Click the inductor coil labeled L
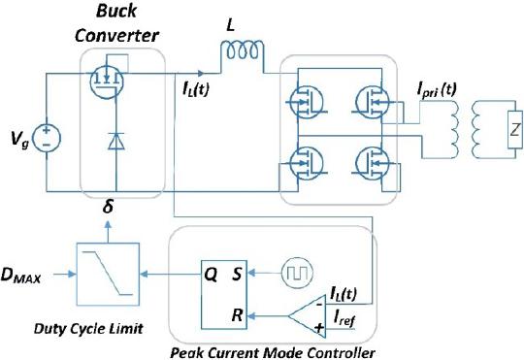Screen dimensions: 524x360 pos(242,51)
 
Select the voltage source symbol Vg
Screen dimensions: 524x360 pos(47,138)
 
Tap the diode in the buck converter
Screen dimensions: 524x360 pos(116,141)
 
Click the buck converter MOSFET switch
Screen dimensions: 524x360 pos(107,82)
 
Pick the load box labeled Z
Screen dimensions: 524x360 pos(514,129)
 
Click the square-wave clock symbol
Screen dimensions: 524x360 pos(297,273)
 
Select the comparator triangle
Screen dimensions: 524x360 pos(307,315)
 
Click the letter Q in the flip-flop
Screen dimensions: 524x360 pos(211,275)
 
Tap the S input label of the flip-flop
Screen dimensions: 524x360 pos(237,274)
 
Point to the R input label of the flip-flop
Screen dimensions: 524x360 pos(237,314)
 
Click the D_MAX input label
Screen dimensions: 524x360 pos(21,276)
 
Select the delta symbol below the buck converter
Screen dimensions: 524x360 pos(108,208)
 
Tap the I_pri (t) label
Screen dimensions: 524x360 pos(436,90)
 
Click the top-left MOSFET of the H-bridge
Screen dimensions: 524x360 pos(306,102)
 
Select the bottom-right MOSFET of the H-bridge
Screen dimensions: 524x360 pos(372,163)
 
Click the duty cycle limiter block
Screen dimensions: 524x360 pos(108,274)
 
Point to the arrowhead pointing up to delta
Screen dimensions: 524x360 pos(108,224)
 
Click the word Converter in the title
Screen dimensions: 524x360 pos(116,35)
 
